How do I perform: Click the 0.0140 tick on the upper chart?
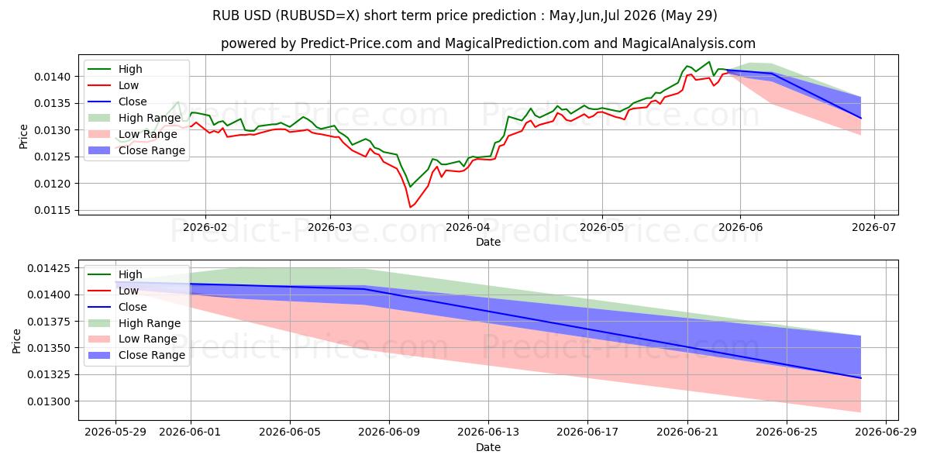click(x=53, y=77)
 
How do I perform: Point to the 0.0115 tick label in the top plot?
click(x=53, y=211)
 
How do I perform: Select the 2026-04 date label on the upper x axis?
click(x=467, y=228)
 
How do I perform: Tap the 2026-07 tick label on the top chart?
click(x=874, y=228)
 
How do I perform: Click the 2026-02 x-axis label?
click(x=205, y=228)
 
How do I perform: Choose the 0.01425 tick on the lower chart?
click(x=49, y=269)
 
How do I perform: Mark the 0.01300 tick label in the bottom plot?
click(x=49, y=402)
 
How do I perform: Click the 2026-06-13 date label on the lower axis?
click(x=488, y=432)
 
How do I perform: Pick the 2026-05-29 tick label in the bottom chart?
click(x=115, y=432)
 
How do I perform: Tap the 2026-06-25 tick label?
click(x=787, y=432)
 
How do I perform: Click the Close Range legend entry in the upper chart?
click(x=136, y=150)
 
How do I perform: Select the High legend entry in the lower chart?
click(x=115, y=274)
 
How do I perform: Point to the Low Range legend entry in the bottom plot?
click(x=133, y=339)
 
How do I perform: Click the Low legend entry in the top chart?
click(x=113, y=85)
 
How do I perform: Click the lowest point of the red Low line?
click(x=410, y=207)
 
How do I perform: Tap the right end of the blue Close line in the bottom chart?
click(x=861, y=378)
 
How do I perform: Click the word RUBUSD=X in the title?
click(x=319, y=15)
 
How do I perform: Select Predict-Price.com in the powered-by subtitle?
click(x=356, y=43)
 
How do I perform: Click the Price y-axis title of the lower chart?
click(x=16, y=341)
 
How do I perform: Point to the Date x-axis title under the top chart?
click(x=487, y=242)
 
